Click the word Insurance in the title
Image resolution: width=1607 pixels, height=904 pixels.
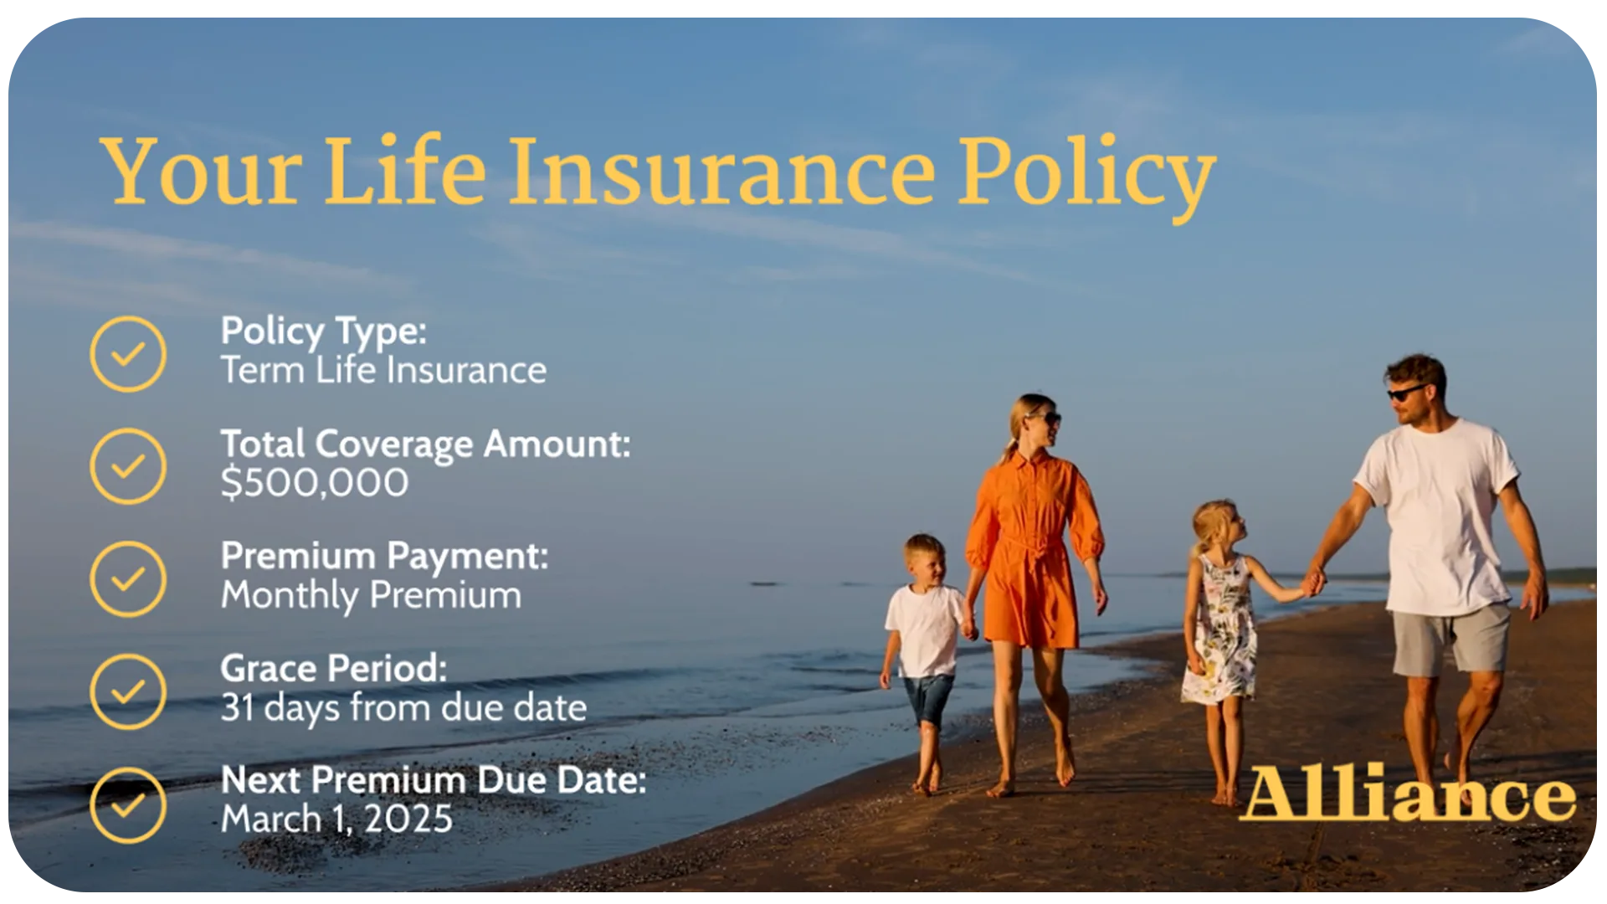pyautogui.click(x=721, y=172)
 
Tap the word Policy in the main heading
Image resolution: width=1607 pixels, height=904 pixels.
pyautogui.click(x=1086, y=177)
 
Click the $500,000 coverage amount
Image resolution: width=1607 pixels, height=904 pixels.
pyautogui.click(x=315, y=483)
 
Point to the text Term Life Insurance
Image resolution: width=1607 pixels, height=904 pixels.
pyautogui.click(x=383, y=370)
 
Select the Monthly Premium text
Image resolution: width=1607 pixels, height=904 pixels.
pyautogui.click(x=371, y=596)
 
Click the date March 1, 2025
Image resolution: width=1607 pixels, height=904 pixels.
pyautogui.click(x=336, y=819)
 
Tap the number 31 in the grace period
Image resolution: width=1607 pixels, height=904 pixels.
pyautogui.click(x=237, y=708)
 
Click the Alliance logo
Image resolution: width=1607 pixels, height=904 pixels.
pyautogui.click(x=1407, y=793)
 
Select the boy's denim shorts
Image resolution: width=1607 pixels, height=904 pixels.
pyautogui.click(x=928, y=699)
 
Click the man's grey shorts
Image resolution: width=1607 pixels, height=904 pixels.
pyautogui.click(x=1450, y=638)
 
